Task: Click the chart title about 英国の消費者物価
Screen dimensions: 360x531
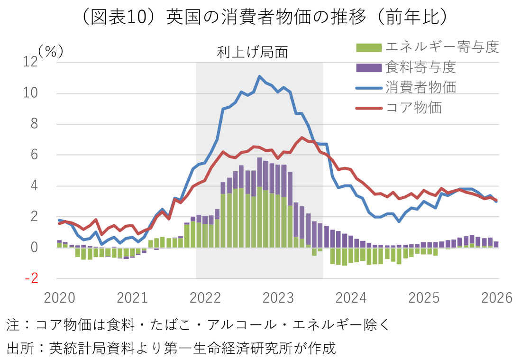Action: pos(265,18)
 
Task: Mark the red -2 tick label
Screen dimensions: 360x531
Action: pos(30,278)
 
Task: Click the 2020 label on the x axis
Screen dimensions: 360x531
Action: pos(59,298)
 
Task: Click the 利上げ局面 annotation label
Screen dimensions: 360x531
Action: pos(253,52)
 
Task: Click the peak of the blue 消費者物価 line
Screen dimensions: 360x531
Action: pos(259,76)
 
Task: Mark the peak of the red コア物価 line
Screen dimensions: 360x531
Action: pos(302,138)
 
